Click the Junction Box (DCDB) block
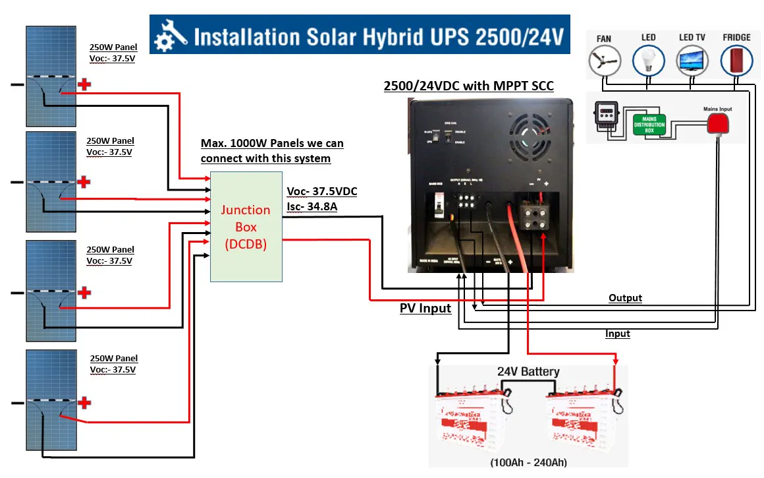[x=246, y=227]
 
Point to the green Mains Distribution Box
[x=649, y=124]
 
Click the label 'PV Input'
[x=425, y=308]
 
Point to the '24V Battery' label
[x=528, y=372]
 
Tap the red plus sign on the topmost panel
[x=84, y=84]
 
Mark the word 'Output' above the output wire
[x=625, y=298]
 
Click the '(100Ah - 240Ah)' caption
[x=528, y=462]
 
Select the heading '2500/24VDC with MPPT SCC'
[x=468, y=86]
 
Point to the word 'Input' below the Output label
[x=618, y=334]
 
